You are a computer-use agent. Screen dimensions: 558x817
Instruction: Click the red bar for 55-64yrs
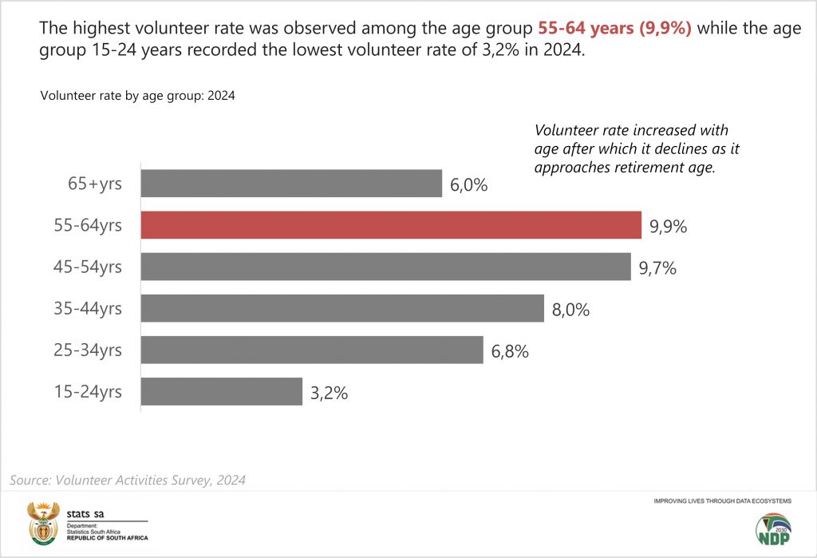pyautogui.click(x=391, y=225)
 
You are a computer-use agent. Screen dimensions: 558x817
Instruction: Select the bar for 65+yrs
pyautogui.click(x=291, y=184)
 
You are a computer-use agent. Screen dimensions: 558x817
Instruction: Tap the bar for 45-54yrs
pyautogui.click(x=385, y=267)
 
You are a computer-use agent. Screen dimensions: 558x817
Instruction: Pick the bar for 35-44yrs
pyautogui.click(x=342, y=308)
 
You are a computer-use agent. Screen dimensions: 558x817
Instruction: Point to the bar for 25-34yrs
pyautogui.click(x=312, y=350)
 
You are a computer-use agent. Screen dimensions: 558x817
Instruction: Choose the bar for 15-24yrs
pyautogui.click(x=222, y=391)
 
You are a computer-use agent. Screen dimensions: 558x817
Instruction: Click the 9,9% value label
pyautogui.click(x=668, y=227)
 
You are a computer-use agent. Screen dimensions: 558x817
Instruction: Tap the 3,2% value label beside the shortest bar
pyautogui.click(x=329, y=393)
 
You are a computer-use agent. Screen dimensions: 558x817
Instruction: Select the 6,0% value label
pyautogui.click(x=468, y=185)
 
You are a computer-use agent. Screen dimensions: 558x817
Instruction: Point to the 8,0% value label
pyautogui.click(x=570, y=310)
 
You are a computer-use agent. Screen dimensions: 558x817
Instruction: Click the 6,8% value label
pyautogui.click(x=510, y=351)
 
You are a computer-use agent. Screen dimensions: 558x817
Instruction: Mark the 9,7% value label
pyautogui.click(x=657, y=268)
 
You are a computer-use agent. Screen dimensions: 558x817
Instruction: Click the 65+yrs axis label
pyautogui.click(x=95, y=184)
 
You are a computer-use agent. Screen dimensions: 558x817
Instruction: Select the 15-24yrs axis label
pyautogui.click(x=89, y=392)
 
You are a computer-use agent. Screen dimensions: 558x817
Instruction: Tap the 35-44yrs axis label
pyautogui.click(x=89, y=308)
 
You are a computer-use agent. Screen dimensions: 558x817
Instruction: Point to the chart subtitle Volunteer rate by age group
pyautogui.click(x=137, y=97)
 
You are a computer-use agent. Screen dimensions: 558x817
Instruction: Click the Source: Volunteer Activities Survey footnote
pyautogui.click(x=128, y=481)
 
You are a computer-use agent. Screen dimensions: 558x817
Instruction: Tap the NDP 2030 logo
pyautogui.click(x=774, y=531)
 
